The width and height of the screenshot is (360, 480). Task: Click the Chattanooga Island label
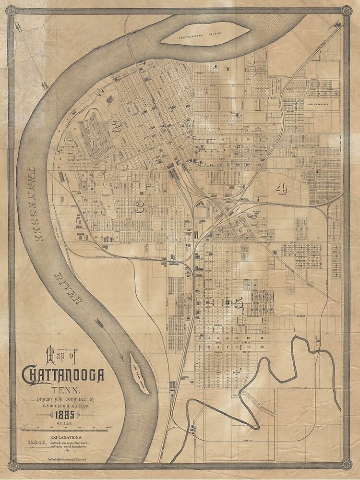[x=205, y=37]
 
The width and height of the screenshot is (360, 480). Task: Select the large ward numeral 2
[x=116, y=127]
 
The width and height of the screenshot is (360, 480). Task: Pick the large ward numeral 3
[x=139, y=207]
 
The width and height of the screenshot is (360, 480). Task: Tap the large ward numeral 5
[x=239, y=303]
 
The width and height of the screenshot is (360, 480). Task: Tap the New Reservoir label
[x=318, y=104]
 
